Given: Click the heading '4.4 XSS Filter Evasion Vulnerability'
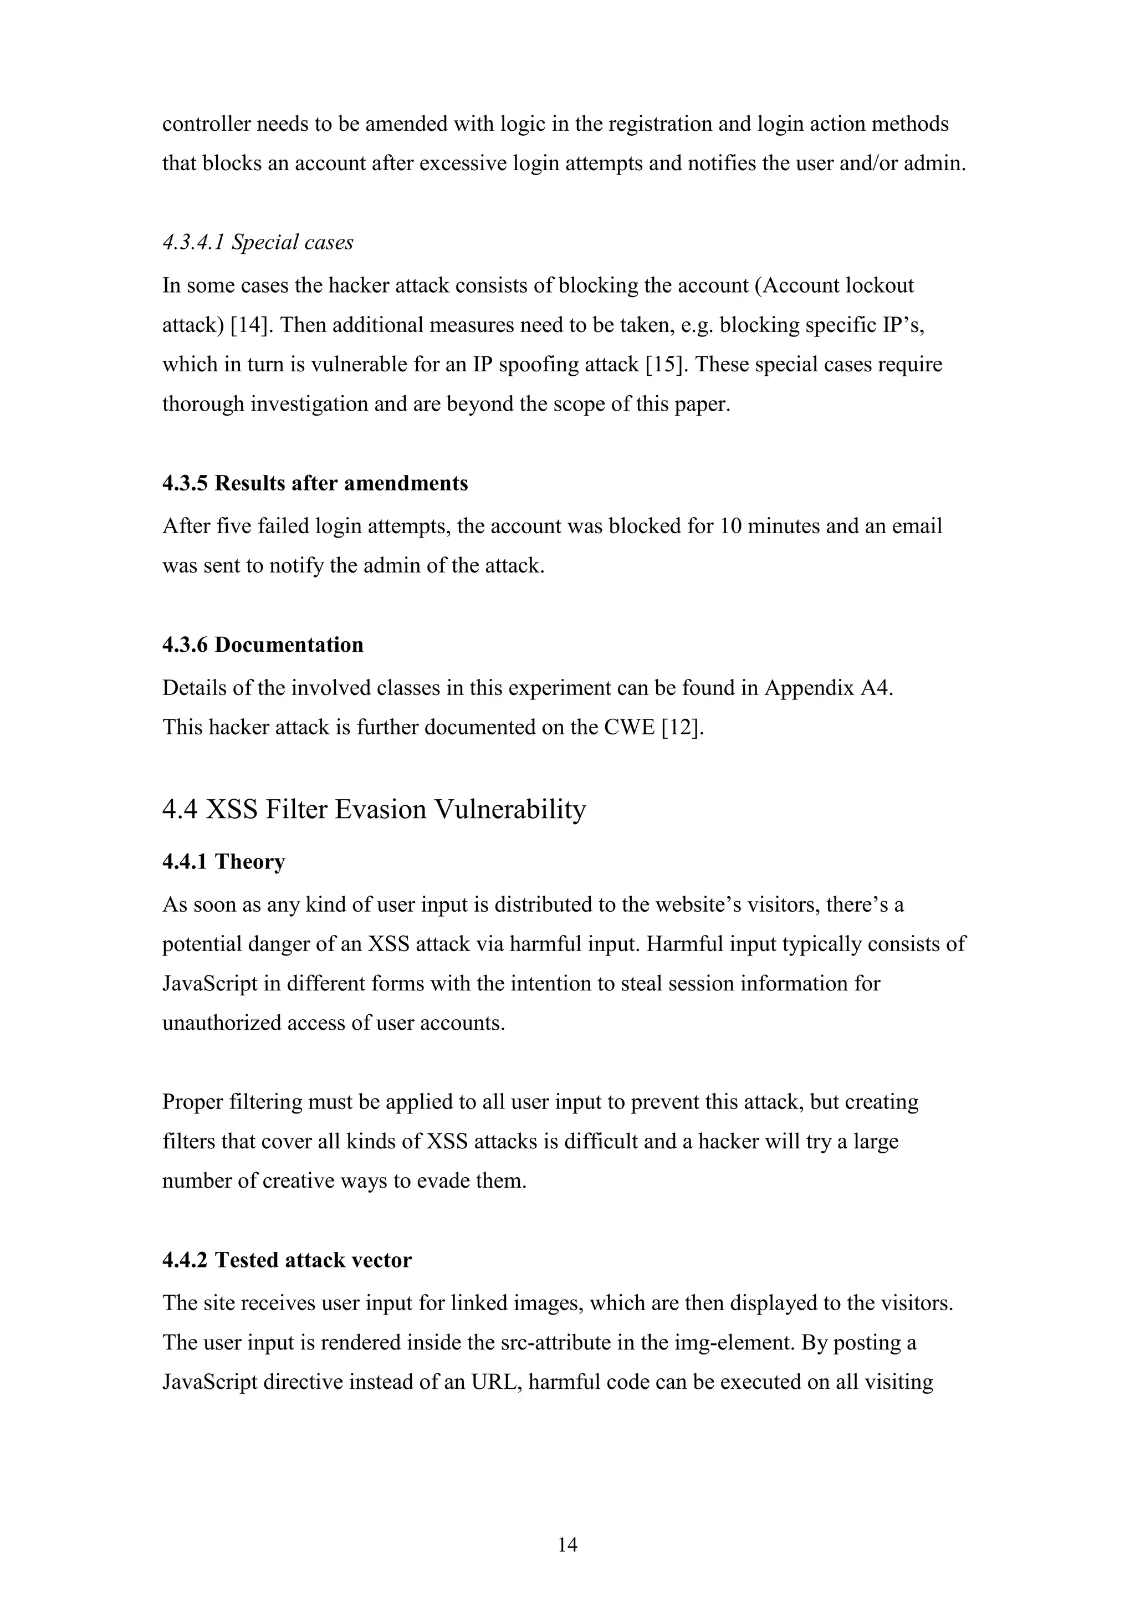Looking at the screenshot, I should (374, 810).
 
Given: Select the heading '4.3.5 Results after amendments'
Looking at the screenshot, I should (315, 483).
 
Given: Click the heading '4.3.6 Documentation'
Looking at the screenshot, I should (263, 645).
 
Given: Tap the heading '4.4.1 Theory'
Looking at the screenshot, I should (224, 861).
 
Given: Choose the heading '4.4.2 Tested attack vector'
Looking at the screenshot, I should (287, 1260).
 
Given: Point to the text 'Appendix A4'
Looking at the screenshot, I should (827, 688).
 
